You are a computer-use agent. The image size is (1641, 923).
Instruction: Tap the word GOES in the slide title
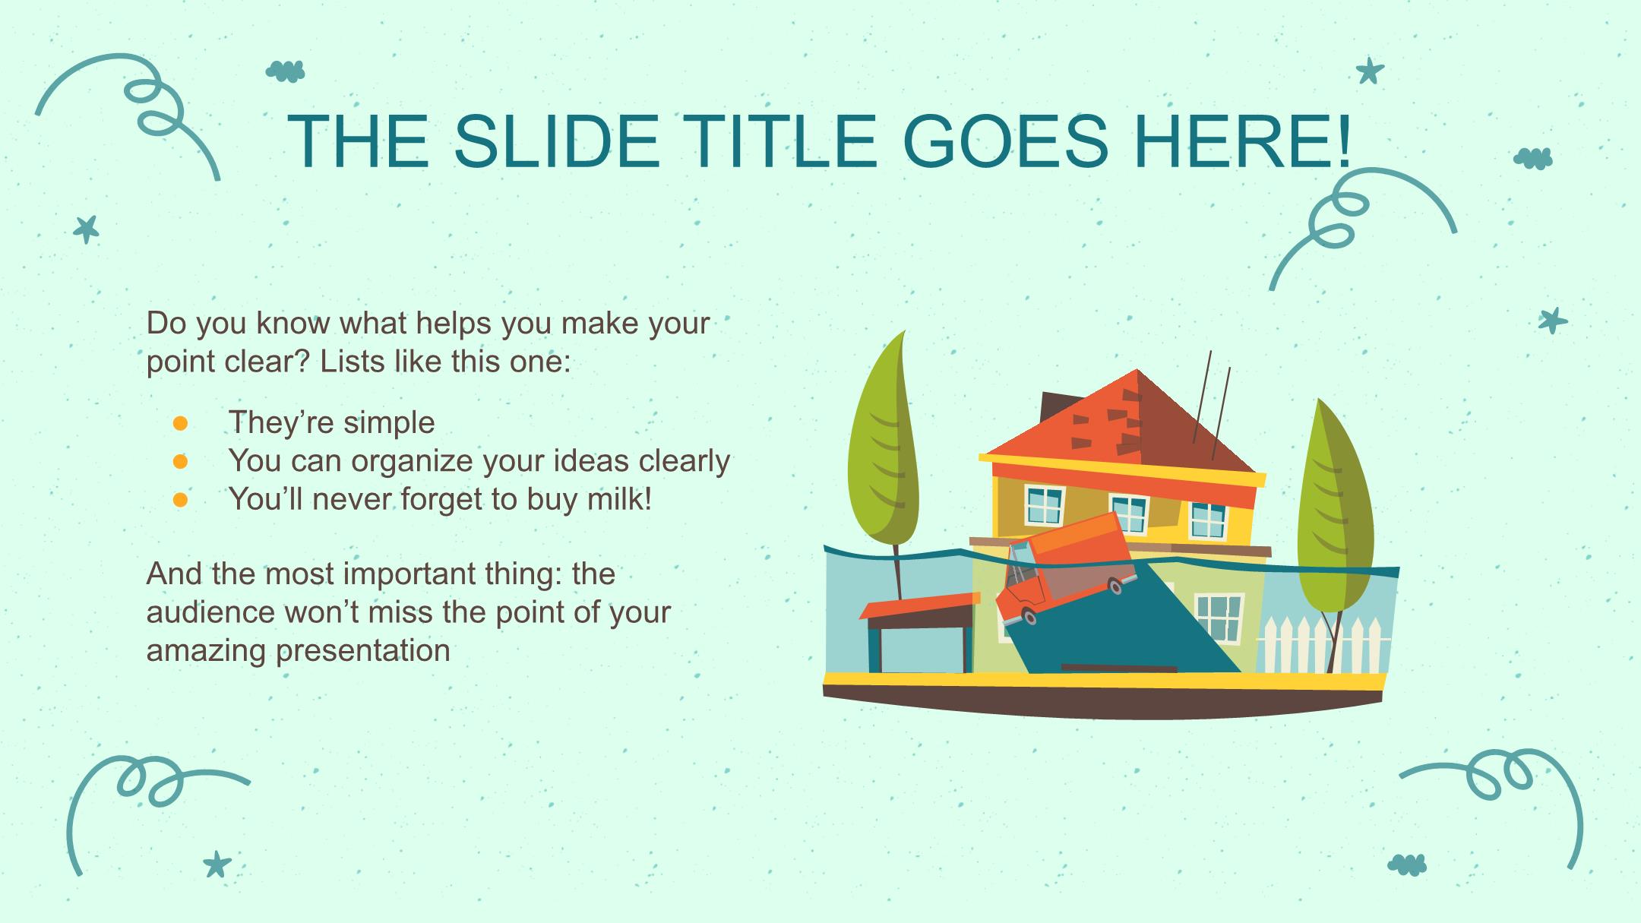point(1006,141)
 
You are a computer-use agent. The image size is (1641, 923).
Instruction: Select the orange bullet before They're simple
point(180,423)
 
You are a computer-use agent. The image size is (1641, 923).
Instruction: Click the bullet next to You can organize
point(180,461)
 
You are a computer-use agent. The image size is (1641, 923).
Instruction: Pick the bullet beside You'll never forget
point(180,499)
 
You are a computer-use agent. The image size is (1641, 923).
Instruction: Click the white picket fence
point(1321,645)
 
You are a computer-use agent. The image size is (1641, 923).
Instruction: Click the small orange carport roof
point(919,605)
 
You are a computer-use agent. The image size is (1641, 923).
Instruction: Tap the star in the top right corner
point(1370,71)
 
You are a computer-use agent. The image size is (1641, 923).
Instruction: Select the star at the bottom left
point(217,864)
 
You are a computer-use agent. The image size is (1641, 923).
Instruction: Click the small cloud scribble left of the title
point(286,71)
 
